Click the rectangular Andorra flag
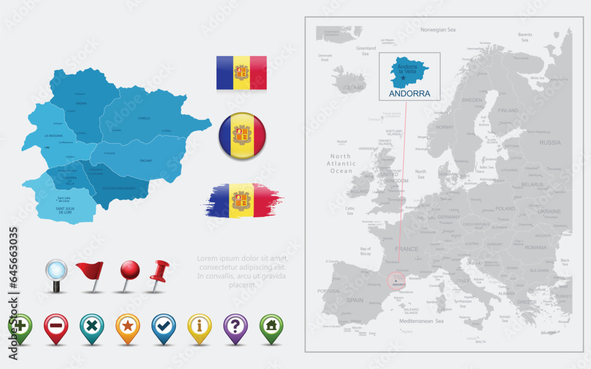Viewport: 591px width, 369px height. (241, 73)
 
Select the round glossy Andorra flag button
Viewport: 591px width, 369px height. (242, 136)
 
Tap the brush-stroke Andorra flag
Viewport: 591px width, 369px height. (242, 200)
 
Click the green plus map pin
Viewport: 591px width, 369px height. (20, 326)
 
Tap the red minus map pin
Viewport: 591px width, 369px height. (56, 326)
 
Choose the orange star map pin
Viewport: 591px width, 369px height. (128, 326)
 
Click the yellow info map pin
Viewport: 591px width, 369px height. (199, 326)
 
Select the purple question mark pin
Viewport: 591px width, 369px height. (235, 326)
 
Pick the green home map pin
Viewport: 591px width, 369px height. (271, 326)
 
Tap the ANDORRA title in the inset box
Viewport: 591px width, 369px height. (409, 94)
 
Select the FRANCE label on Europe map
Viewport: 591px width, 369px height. (407, 249)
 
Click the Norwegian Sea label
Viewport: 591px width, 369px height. (438, 29)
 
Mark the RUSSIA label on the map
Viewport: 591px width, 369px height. (550, 142)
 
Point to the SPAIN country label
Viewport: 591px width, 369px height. (355, 300)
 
